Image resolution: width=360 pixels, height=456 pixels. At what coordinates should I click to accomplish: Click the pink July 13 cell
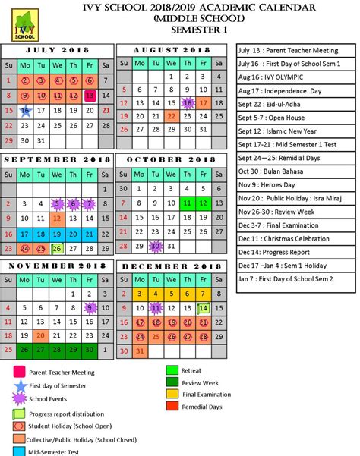click(x=90, y=95)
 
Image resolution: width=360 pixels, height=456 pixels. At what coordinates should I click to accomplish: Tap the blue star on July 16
click(x=24, y=110)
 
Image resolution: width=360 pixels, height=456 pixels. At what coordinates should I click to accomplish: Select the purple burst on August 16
click(x=188, y=102)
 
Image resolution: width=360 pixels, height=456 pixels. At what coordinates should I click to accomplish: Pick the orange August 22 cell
click(x=172, y=117)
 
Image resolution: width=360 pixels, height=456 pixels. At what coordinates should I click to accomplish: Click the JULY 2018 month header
click(x=57, y=49)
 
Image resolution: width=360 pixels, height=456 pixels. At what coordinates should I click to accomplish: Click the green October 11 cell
click(x=188, y=203)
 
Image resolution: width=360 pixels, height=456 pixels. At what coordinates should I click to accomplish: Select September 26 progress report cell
click(x=57, y=247)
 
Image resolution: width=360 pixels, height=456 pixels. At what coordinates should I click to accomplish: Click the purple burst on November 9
click(x=90, y=308)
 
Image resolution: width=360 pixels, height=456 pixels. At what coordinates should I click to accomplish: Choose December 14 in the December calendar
click(x=204, y=308)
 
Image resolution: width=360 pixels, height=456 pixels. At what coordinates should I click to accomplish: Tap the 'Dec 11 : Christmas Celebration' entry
click(x=283, y=237)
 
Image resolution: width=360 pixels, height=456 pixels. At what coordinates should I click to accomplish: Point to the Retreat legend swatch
click(x=172, y=370)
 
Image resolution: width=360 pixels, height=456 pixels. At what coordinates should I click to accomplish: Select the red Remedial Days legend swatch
click(x=172, y=406)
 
